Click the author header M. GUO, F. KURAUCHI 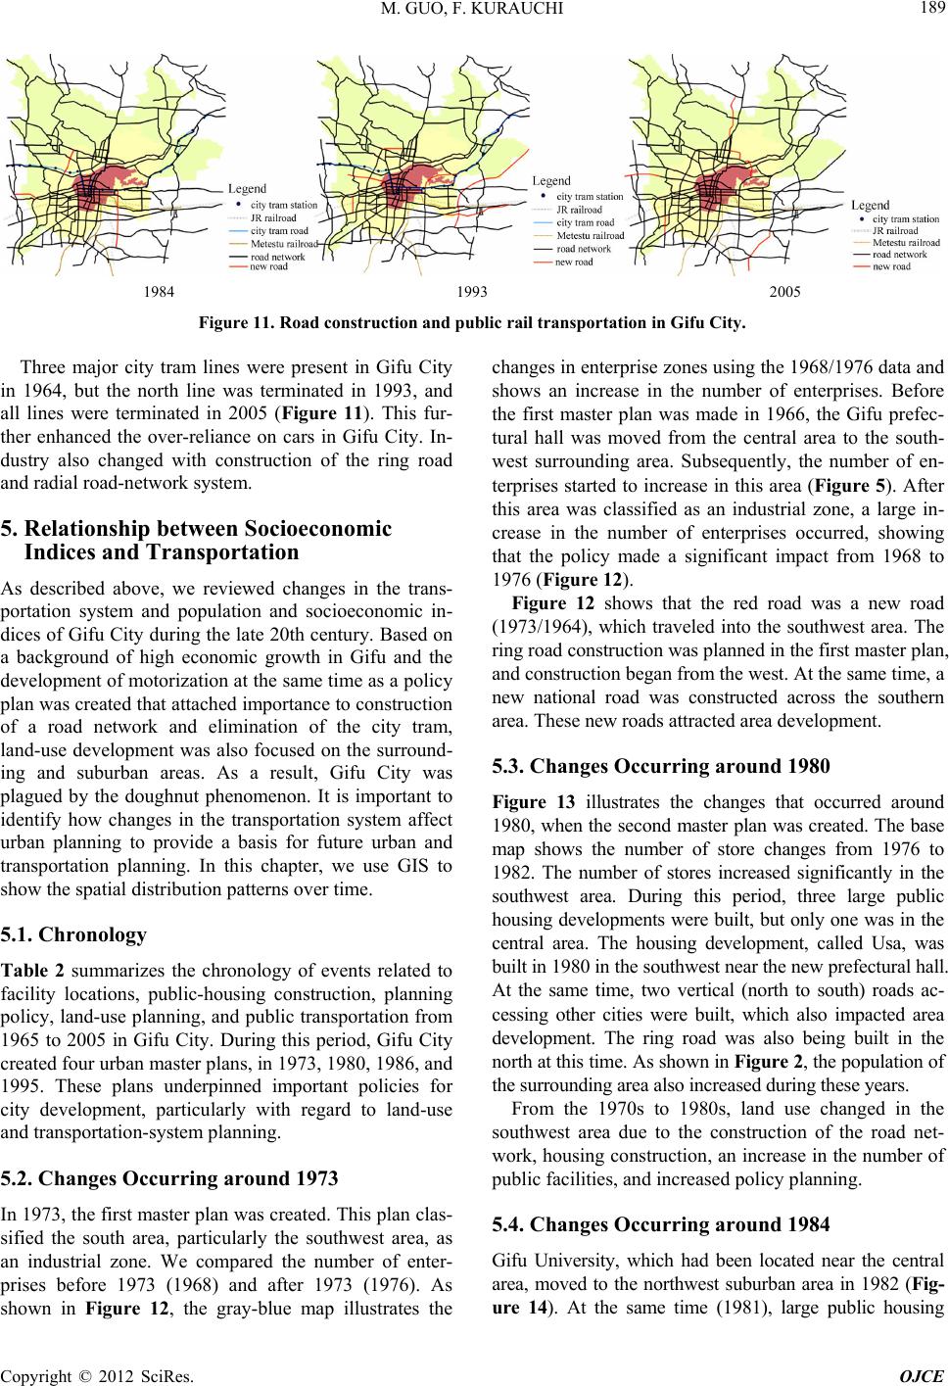pos(474,11)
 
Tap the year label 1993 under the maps pos(471,292)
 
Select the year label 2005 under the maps pos(784,292)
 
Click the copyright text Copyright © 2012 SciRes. pos(76,1371)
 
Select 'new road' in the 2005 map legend pos(891,266)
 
